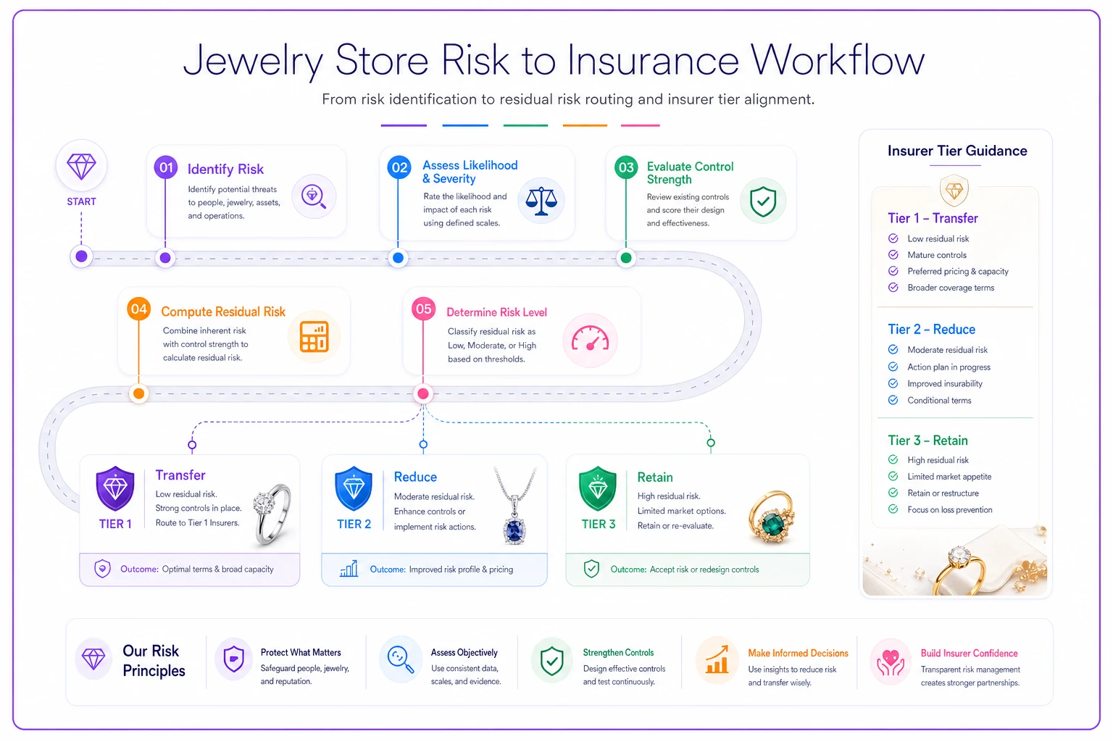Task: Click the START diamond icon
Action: pos(81,166)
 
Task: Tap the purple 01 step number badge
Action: pos(165,167)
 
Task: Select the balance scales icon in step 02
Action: pos(541,201)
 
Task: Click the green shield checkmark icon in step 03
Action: pos(763,201)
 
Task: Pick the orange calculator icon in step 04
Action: pos(314,336)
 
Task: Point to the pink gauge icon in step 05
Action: pos(590,339)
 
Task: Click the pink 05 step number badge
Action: pos(423,309)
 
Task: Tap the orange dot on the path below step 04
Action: pos(139,393)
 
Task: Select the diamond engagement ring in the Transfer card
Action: pos(272,514)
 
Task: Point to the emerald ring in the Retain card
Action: pos(772,517)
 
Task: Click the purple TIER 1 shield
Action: pos(115,488)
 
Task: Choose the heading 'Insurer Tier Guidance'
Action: pos(957,151)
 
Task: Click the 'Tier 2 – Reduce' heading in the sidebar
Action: pos(932,329)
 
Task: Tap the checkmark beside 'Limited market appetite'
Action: pos(893,476)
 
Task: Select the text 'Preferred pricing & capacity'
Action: pos(958,271)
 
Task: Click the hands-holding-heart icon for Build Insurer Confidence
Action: pos(890,662)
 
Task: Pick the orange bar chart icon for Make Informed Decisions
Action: pos(717,660)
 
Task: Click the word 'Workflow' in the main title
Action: pos(838,60)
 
